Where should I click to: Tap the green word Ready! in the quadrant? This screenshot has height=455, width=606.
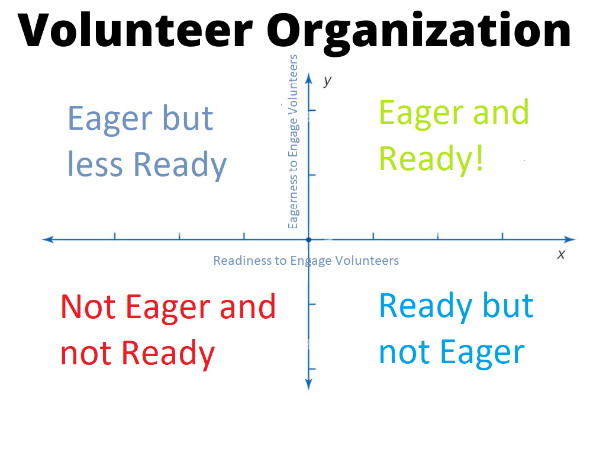431,160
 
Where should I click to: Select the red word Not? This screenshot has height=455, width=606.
88,307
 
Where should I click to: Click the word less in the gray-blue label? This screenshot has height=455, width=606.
95,164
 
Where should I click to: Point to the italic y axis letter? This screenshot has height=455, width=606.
328,81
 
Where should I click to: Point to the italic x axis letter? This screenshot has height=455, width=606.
561,255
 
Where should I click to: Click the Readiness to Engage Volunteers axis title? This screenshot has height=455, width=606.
306,261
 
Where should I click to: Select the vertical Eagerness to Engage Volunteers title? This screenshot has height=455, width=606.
294,142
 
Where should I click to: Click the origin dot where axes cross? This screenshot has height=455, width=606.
308,240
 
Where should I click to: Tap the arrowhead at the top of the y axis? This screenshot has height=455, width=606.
308,78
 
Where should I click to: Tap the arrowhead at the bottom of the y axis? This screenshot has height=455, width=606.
308,384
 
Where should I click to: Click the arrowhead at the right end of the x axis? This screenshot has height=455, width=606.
570,239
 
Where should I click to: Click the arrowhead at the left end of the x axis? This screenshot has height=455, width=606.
47,239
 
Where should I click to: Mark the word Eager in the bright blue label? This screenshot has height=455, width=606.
482,354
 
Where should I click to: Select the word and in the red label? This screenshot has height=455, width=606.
248,307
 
